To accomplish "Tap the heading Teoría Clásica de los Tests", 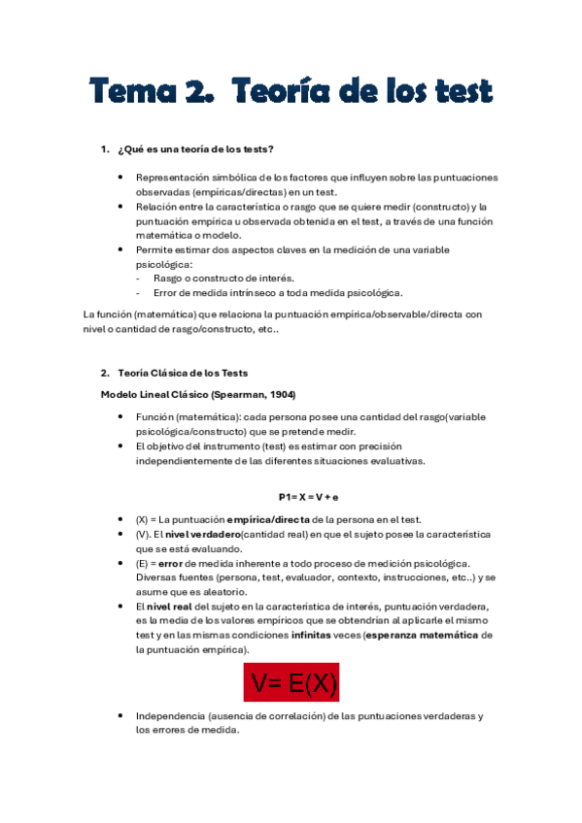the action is coord(183,373).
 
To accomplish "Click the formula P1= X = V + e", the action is coord(294,497).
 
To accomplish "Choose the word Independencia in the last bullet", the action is coord(170,716).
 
